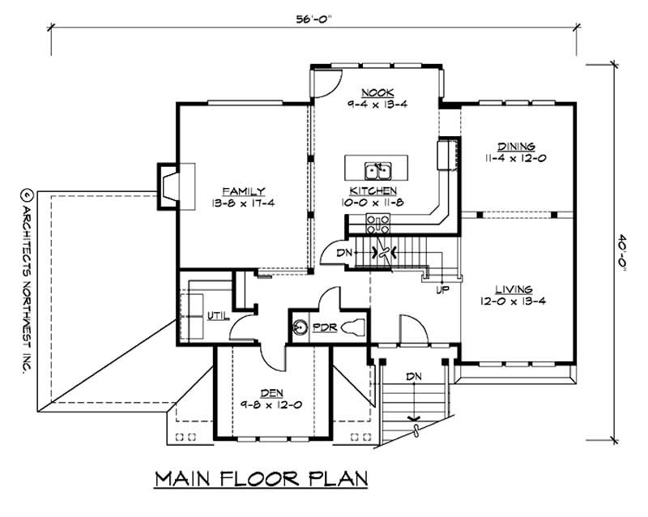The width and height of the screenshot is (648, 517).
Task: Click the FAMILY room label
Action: (245, 191)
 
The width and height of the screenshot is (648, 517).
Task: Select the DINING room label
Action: (516, 146)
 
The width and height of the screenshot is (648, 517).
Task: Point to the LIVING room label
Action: (514, 289)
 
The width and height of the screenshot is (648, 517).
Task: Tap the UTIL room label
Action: (217, 316)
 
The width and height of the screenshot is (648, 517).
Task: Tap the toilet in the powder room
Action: (351, 327)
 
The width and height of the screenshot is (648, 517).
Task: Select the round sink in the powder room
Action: (300, 327)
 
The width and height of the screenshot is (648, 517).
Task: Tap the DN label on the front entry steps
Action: (414, 376)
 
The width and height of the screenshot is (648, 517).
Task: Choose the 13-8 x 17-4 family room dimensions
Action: (245, 203)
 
